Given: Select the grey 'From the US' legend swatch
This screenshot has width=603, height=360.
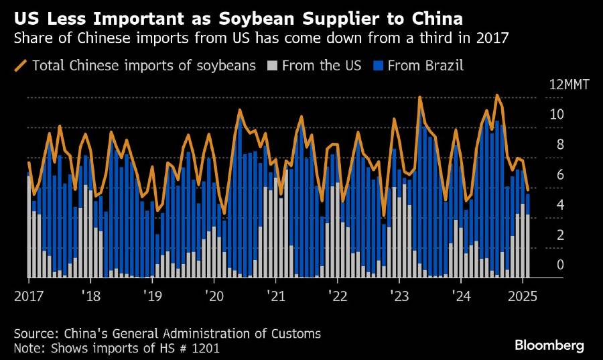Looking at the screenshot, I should coord(272,66).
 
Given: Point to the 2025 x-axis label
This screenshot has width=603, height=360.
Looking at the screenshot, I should coord(523,296).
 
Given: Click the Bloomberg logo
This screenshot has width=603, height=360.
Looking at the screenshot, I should coord(549,345).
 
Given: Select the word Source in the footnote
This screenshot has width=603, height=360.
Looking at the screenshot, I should coord(35,333).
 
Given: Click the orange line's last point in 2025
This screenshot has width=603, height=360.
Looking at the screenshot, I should coord(528,190).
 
